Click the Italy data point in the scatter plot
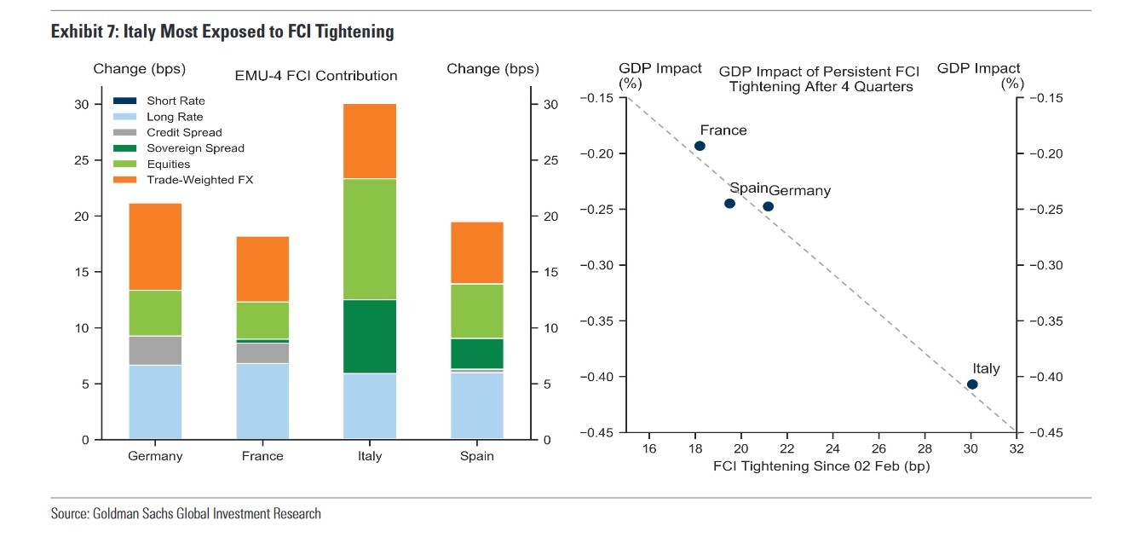[x=972, y=384]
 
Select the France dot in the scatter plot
[x=700, y=146]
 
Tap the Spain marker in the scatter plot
[x=729, y=203]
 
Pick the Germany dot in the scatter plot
[x=768, y=206]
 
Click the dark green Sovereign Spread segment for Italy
[x=370, y=336]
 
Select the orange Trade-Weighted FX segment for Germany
[x=155, y=246]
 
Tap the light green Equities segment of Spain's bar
[x=477, y=311]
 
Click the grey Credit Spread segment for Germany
[x=155, y=350]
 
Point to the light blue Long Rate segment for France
[x=262, y=401]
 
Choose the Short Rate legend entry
[x=175, y=101]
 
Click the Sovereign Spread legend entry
[x=194, y=148]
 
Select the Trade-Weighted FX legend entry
[x=199, y=180]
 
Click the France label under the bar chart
[x=262, y=456]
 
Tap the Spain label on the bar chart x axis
[x=477, y=456]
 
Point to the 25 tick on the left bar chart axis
[x=82, y=160]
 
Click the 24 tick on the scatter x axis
[x=832, y=448]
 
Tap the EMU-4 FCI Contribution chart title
[x=315, y=76]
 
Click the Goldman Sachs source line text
[x=186, y=514]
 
